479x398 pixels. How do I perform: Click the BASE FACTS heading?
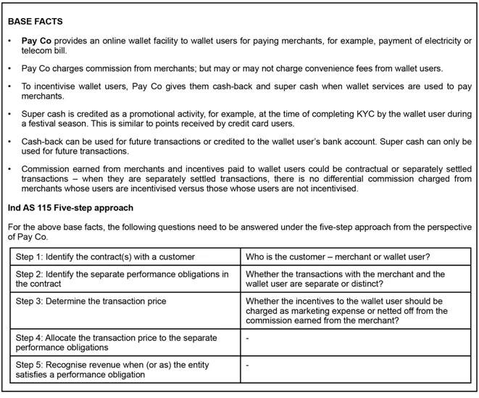click(35, 22)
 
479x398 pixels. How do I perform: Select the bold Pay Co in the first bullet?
click(35, 42)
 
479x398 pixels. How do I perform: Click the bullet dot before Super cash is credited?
click(10, 115)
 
